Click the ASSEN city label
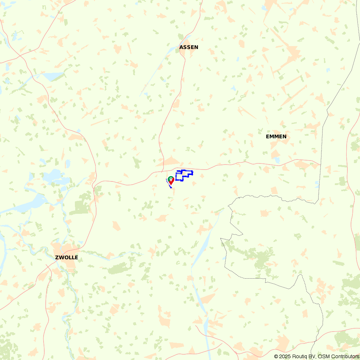pyautogui.click(x=189, y=47)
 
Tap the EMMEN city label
pyautogui.click(x=276, y=136)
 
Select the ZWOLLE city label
pyautogui.click(x=66, y=257)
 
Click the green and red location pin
pyautogui.click(x=171, y=180)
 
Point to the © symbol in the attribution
pyautogui.click(x=276, y=356)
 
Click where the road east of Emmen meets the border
pyautogui.click(x=320, y=165)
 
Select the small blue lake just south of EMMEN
pyautogui.click(x=276, y=159)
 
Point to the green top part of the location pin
pyautogui.click(x=171, y=178)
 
